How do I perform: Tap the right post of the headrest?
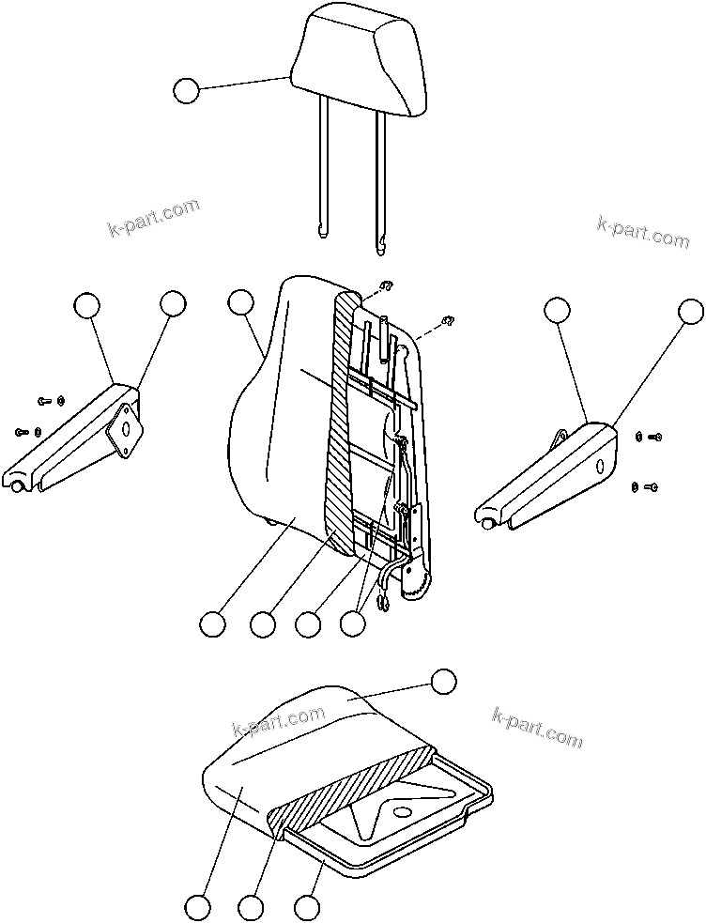coord(381,174)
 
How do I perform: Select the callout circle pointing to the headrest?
coord(187,90)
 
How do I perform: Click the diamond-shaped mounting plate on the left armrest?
coord(124,428)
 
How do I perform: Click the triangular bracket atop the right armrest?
coord(560,438)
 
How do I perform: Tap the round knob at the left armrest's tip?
coord(19,485)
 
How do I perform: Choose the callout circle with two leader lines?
coord(352,623)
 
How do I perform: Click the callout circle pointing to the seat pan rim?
coord(306,907)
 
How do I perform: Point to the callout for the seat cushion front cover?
coord(197,907)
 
